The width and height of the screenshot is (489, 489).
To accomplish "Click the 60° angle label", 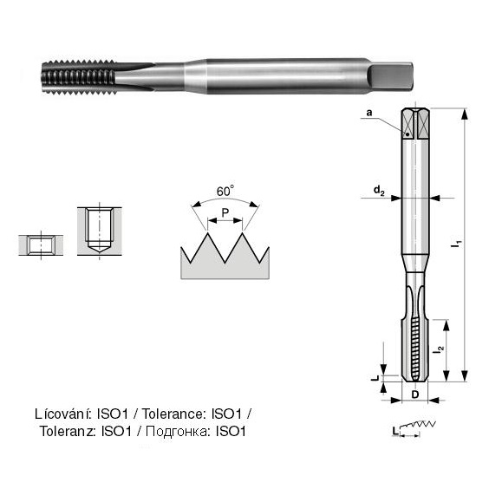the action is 225,191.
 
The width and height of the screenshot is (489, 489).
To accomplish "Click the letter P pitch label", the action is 225,213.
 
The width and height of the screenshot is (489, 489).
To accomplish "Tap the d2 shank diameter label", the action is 379,190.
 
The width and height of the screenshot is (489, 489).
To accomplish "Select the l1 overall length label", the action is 458,244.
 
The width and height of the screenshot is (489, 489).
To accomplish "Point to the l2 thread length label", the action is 440,349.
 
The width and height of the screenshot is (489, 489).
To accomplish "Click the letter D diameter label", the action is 415,394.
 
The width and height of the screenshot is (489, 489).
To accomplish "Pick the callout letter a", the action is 369,113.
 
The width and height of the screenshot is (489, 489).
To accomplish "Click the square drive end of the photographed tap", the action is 391,75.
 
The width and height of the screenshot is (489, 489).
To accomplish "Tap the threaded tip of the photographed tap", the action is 79,78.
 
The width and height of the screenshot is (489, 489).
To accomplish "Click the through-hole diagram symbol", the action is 41,245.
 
